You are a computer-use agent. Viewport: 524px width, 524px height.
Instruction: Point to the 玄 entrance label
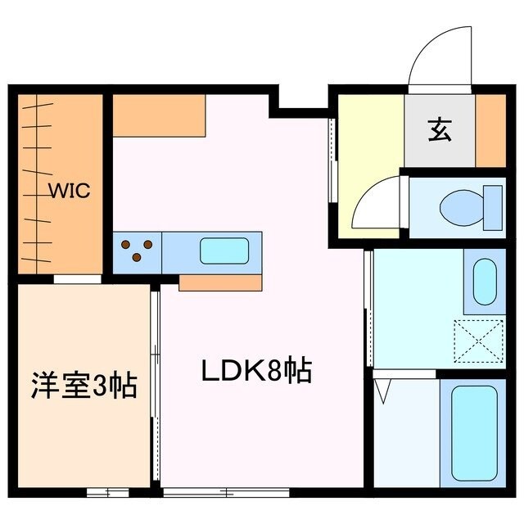439,130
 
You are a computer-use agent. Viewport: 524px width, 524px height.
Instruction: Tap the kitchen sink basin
224,251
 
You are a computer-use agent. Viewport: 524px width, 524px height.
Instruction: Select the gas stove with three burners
137,251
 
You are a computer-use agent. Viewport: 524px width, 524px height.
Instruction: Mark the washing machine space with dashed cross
481,341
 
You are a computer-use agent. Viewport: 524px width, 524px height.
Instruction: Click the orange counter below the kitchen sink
219,282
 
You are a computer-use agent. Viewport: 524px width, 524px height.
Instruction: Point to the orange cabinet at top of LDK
159,115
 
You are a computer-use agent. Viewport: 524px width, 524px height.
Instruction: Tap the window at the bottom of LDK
208,492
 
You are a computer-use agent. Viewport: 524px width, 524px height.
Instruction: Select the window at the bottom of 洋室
107,492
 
